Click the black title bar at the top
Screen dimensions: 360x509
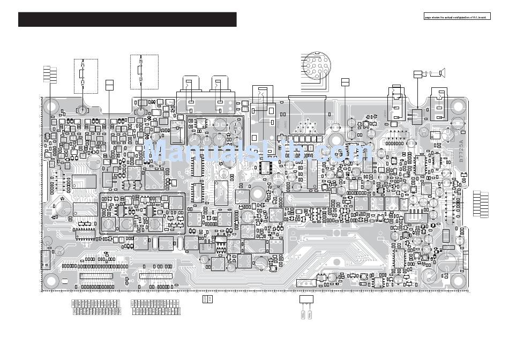coord(127,19)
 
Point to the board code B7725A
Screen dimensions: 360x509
coord(462,151)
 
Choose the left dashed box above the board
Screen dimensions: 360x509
coord(85,76)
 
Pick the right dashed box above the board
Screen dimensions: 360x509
coord(144,72)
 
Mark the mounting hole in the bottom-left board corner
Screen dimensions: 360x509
coord(51,280)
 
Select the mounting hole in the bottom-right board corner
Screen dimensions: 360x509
coord(458,280)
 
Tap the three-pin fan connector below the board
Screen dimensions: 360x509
coord(305,298)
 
